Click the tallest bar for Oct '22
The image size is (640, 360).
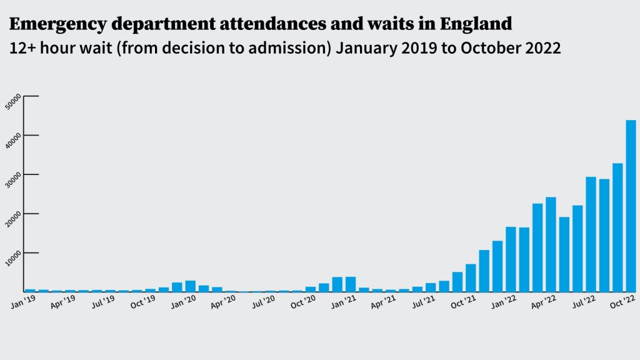click(x=631, y=206)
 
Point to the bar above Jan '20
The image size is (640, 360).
click(x=191, y=286)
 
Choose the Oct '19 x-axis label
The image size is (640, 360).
click(x=143, y=302)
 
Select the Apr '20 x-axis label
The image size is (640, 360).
click(x=223, y=302)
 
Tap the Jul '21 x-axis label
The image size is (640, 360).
click(x=423, y=302)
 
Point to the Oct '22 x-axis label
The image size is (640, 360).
click(x=623, y=302)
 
